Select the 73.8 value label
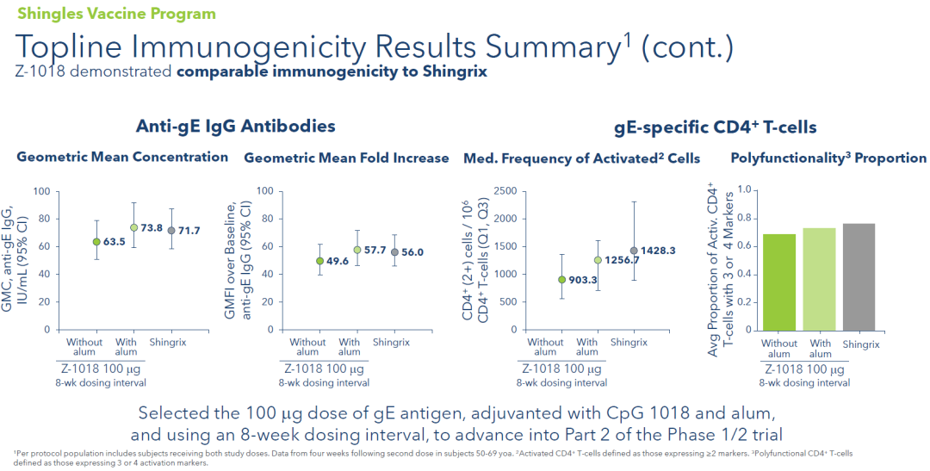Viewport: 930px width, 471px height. click(x=153, y=228)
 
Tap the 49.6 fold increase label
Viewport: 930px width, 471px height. click(x=338, y=261)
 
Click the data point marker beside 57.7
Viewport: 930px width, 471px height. click(x=357, y=250)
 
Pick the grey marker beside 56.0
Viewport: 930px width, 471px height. click(x=395, y=252)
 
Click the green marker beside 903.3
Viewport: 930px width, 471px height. click(x=562, y=279)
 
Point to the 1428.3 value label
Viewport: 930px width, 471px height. click(x=659, y=251)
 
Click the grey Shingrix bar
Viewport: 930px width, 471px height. click(x=859, y=277)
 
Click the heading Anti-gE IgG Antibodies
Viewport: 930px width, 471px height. click(x=235, y=127)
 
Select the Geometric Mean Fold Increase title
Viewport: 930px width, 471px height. click(x=346, y=158)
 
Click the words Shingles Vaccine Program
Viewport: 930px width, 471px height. click(x=116, y=14)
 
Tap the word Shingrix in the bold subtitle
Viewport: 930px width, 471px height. click(x=456, y=71)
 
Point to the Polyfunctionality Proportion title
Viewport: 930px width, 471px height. click(x=828, y=158)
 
